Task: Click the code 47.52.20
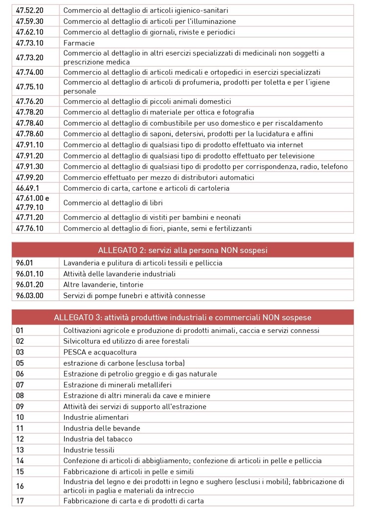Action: (30, 10)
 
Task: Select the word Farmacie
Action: (79, 43)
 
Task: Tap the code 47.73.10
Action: (30, 43)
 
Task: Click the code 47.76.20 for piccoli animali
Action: (30, 101)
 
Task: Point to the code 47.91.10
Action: (30, 144)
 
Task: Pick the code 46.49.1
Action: (26, 188)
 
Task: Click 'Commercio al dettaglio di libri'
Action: (113, 202)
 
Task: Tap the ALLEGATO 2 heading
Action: (183, 250)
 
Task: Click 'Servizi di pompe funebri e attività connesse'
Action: (134, 295)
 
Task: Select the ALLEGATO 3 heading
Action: (183, 318)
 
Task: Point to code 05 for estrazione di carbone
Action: (20, 363)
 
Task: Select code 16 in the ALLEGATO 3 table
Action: (20, 486)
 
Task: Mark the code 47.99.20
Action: (30, 177)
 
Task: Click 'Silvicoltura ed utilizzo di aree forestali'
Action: (126, 341)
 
